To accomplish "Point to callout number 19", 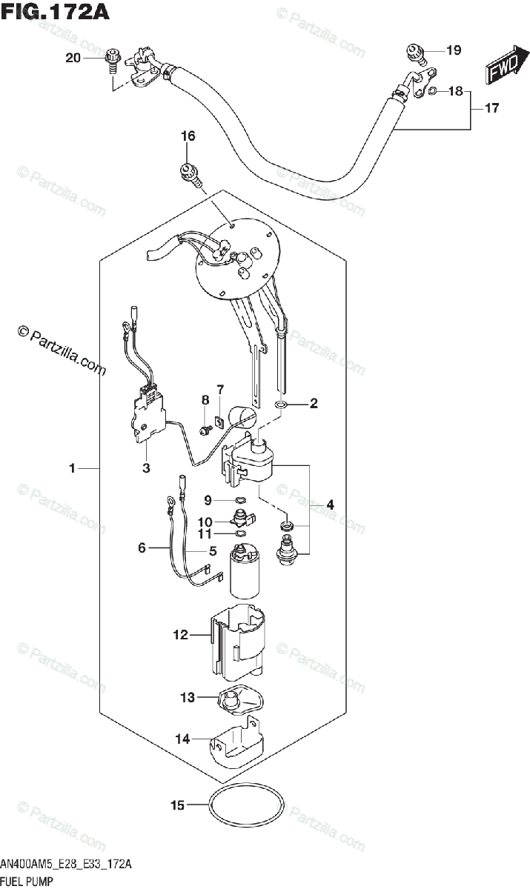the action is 454,50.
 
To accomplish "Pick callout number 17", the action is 491,108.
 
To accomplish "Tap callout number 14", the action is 182,739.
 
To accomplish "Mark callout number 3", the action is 146,468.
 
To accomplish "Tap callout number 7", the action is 219,389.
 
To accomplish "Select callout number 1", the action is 73,468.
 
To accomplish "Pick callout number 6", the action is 142,548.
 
